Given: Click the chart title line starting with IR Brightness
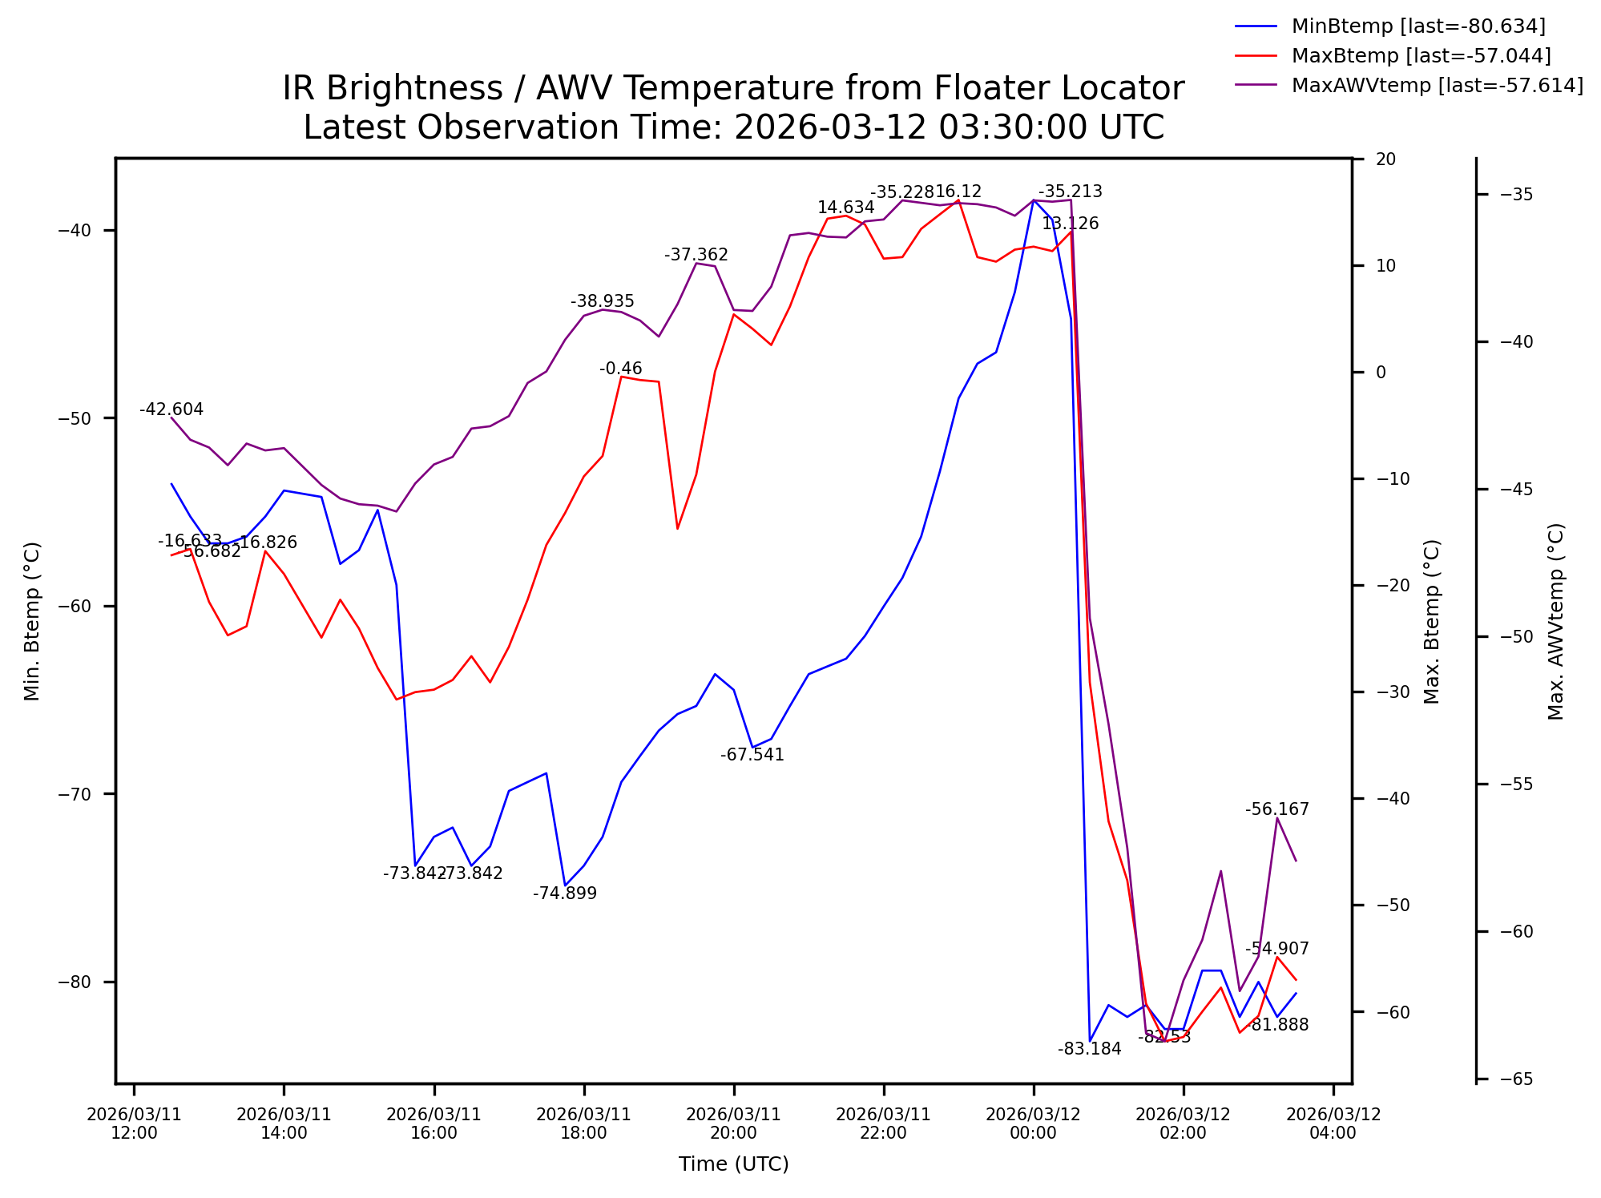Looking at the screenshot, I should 732,88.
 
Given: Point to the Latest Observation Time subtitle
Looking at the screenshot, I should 732,127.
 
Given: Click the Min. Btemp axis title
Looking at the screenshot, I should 32,621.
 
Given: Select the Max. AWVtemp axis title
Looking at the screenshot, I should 1555,621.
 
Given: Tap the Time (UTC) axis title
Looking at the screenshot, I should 733,1164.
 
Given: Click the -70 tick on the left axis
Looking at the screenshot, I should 75,794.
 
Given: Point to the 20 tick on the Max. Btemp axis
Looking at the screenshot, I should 1385,159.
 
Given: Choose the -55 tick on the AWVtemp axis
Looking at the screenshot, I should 1516,784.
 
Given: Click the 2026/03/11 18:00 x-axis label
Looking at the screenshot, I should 583,1123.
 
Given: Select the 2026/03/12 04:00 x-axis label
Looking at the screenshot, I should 1333,1123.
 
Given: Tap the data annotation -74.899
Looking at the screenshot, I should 565,893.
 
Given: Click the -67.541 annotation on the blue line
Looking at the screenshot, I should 752,755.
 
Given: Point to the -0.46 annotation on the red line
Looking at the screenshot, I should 620,369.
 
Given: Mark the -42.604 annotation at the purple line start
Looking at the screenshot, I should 171,409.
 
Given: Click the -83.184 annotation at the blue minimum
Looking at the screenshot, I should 1089,1049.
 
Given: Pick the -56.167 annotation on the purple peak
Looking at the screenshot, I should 1276,809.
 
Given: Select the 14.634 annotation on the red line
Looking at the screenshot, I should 845,208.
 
